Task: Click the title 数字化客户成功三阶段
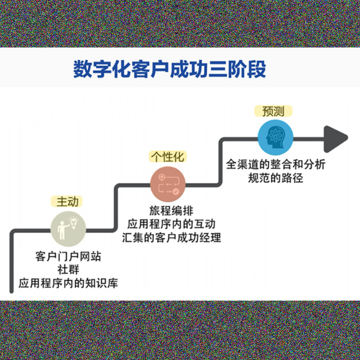pyautogui.click(x=170, y=69)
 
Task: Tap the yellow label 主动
pyautogui.click(x=67, y=202)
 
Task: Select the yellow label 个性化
pyautogui.click(x=167, y=157)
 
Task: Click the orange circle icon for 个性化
pyautogui.click(x=167, y=184)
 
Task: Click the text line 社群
pyautogui.click(x=68, y=270)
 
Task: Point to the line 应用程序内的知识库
pyautogui.click(x=68, y=283)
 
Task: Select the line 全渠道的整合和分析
pyautogui.click(x=275, y=165)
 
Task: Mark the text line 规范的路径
pyautogui.click(x=275, y=178)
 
